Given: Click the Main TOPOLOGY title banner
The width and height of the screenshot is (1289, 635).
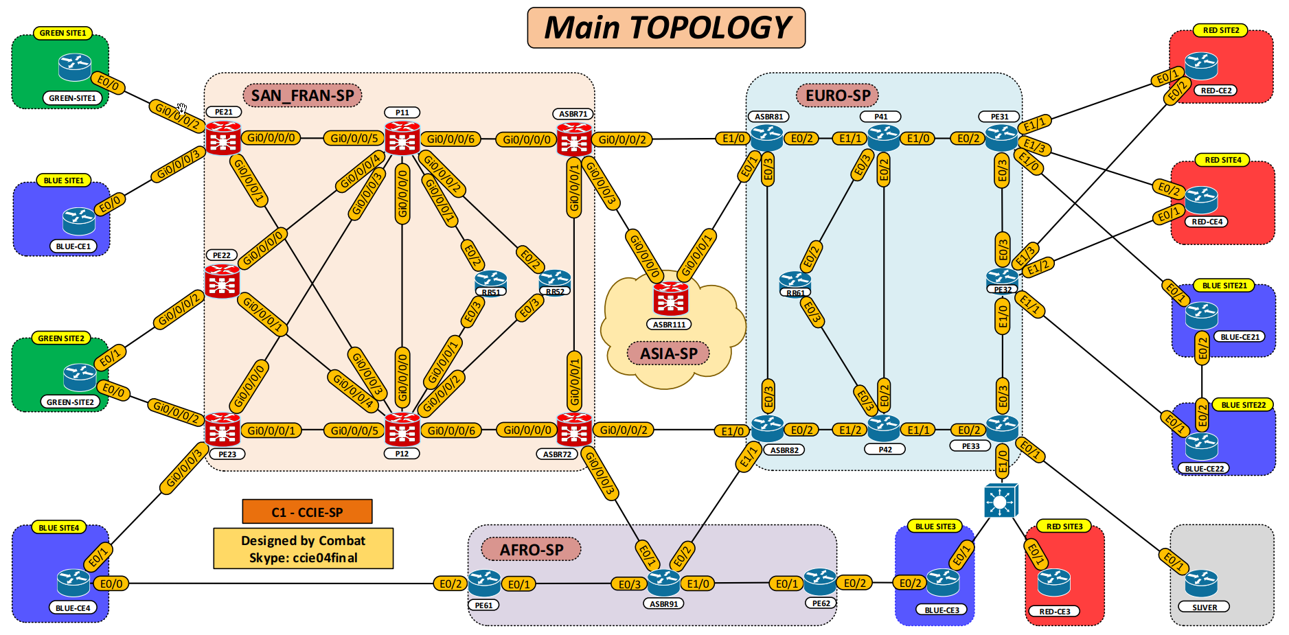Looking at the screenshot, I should tap(665, 27).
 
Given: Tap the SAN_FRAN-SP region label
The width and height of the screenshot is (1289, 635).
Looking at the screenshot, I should tap(302, 95).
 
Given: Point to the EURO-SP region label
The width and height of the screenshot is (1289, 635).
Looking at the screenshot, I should tap(837, 95).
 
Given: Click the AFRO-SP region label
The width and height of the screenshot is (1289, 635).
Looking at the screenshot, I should tap(531, 550).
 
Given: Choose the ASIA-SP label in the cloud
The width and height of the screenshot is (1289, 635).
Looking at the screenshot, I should tap(668, 354).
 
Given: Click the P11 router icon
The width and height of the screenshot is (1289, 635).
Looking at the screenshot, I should tap(402, 138).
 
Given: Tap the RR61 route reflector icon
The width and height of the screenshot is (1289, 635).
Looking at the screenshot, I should tap(795, 281).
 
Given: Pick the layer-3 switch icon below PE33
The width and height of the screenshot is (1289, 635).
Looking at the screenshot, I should tap(1001, 501).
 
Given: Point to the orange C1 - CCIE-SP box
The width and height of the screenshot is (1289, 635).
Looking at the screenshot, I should tap(307, 512).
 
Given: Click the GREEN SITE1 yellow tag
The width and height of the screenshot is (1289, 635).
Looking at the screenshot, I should tap(62, 33).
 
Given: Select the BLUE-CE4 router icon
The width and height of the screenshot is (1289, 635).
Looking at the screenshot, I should tap(73, 583).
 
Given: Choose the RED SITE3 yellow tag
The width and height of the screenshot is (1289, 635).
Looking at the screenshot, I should tap(1064, 527).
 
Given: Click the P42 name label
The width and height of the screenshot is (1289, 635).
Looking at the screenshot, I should tap(885, 450).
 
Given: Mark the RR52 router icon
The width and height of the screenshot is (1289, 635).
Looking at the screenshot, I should tap(555, 279).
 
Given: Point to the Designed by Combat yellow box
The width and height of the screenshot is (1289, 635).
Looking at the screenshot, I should tap(303, 549).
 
